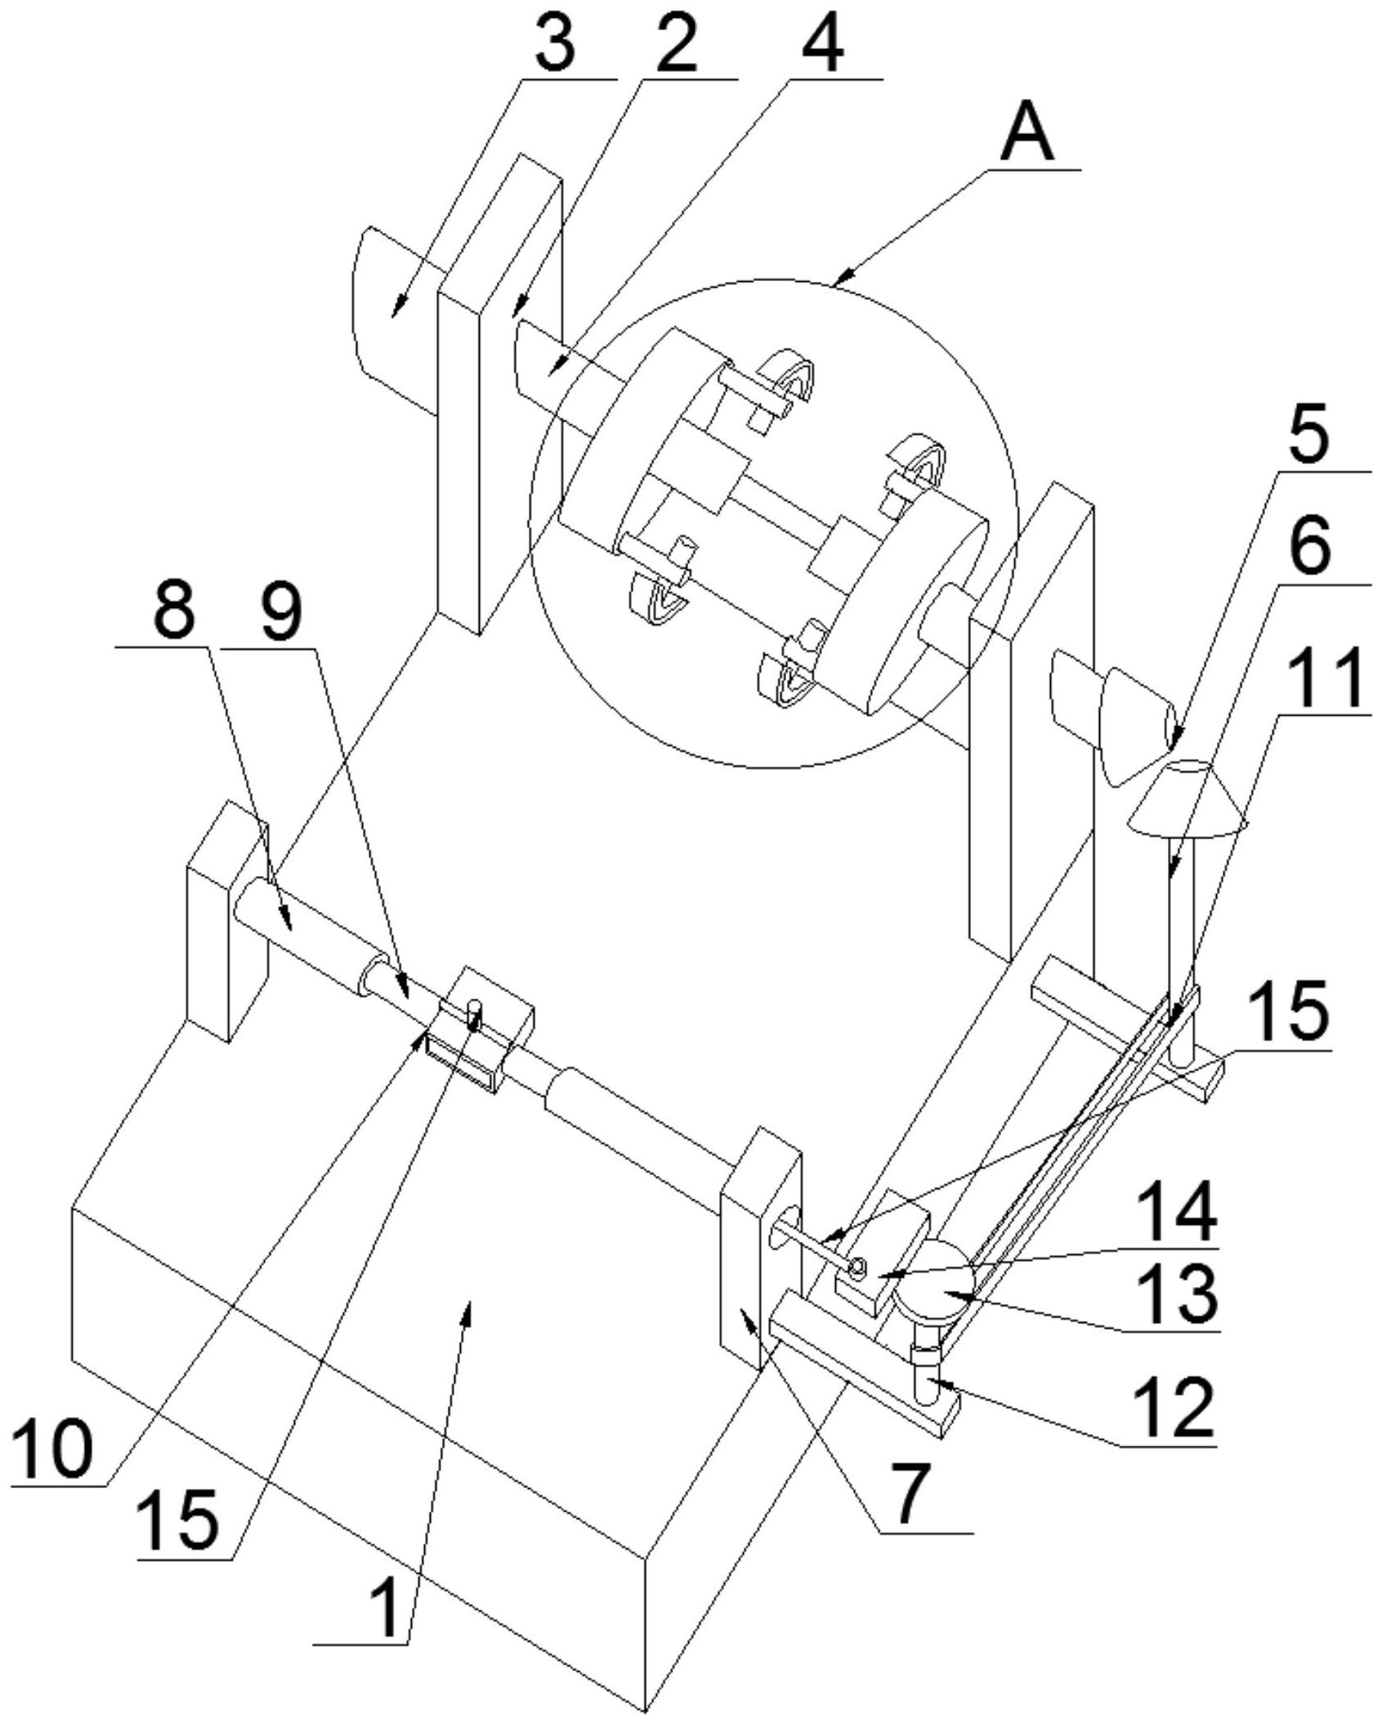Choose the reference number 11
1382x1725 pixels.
[x=1324, y=677]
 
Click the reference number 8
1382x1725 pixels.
[x=174, y=611]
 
